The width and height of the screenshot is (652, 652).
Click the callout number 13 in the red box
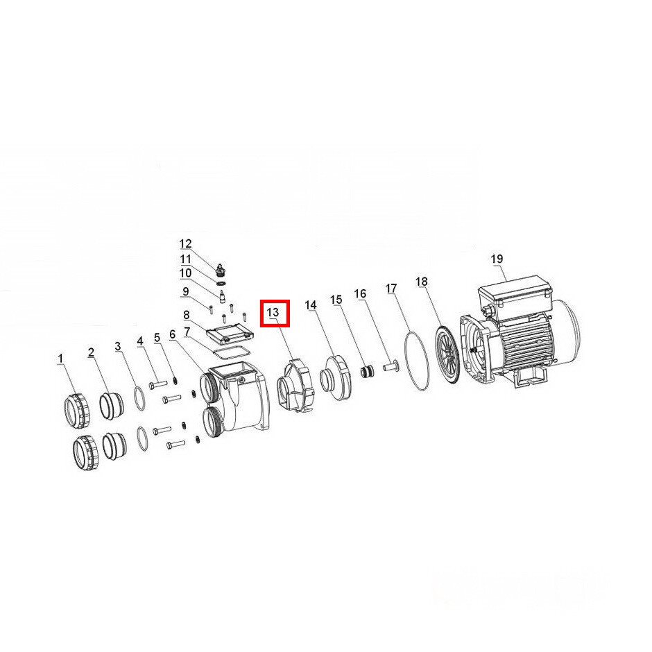point(273,312)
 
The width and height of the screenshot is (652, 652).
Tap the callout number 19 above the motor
point(497,259)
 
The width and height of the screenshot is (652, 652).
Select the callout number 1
point(61,359)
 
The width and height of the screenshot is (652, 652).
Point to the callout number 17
point(391,288)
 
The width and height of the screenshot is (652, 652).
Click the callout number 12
point(185,243)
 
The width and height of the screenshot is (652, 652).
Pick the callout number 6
point(172,334)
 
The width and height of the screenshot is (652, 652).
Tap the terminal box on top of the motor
point(515,293)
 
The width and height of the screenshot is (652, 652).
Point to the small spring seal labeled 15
point(366,370)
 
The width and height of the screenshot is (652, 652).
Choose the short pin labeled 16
point(390,367)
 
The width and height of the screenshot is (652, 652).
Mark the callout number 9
point(185,291)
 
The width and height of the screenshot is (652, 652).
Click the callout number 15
point(336,300)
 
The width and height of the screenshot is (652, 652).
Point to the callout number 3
point(118,346)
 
